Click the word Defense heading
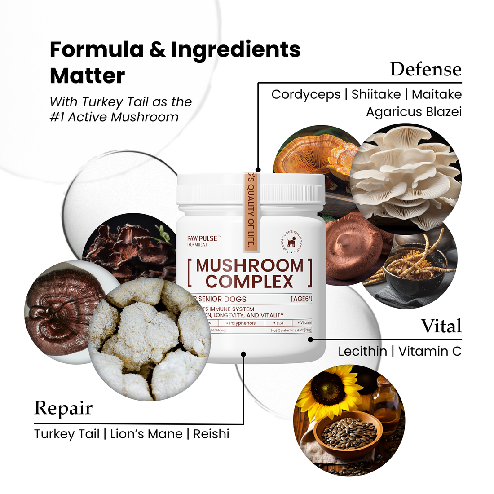tap(425, 69)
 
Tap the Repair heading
tap(63, 408)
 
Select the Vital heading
tap(441, 326)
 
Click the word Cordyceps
tap(306, 94)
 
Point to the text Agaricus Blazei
tap(414, 112)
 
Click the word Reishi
tap(211, 434)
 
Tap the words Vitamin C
tap(430, 351)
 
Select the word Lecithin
tap(362, 351)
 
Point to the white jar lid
tap(251, 189)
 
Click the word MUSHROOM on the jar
tap(250, 265)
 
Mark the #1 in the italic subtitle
tap(57, 117)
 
